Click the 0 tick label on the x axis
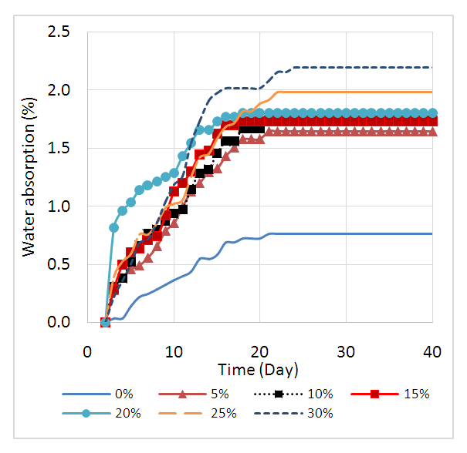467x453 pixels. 88,351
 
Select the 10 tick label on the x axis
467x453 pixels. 174,351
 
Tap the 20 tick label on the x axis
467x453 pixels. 260,351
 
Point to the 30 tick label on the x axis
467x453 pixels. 346,351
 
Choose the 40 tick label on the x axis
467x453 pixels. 432,351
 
